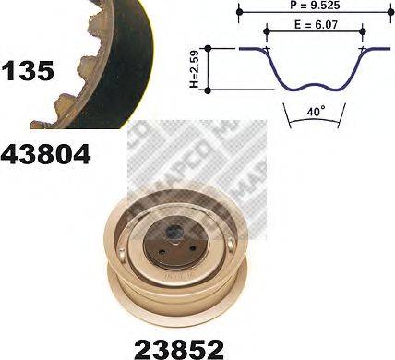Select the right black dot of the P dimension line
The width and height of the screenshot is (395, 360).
(x=388, y=11)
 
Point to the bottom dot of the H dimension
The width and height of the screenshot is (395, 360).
(x=211, y=89)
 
